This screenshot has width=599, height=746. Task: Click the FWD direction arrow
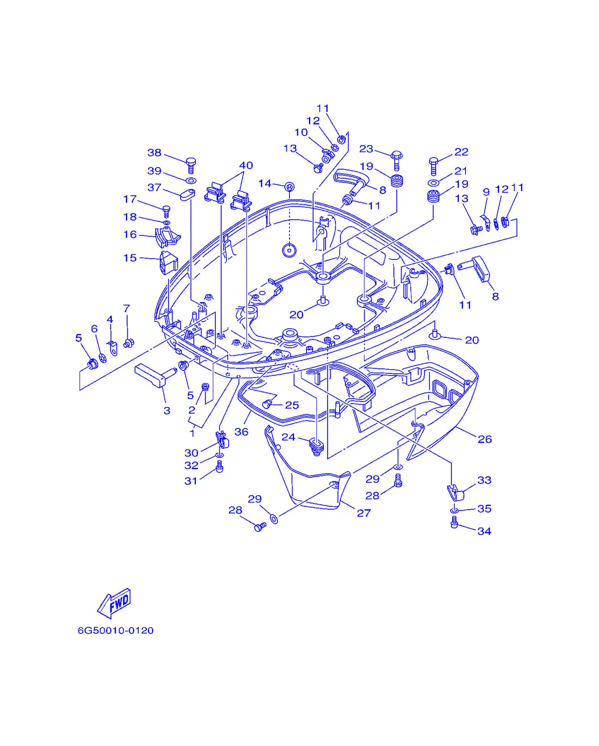(114, 603)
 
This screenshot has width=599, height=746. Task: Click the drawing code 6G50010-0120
(116, 631)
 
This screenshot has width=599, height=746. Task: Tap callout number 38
(154, 152)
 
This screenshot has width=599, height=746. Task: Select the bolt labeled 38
(191, 165)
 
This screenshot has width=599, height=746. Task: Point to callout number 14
(265, 183)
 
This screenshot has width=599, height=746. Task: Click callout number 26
(484, 439)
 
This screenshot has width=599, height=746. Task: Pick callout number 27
(364, 513)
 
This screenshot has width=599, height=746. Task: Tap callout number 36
(241, 432)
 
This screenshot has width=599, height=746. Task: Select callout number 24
(288, 437)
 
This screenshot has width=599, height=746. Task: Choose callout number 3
(167, 411)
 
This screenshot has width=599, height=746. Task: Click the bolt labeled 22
(433, 166)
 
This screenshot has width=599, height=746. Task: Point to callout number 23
(366, 149)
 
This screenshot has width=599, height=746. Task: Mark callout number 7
(127, 308)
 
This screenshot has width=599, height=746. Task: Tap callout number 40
(246, 165)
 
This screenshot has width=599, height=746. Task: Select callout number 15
(130, 258)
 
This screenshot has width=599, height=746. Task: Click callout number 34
(484, 531)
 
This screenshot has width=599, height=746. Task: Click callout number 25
(292, 405)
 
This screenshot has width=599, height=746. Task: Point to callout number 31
(191, 481)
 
